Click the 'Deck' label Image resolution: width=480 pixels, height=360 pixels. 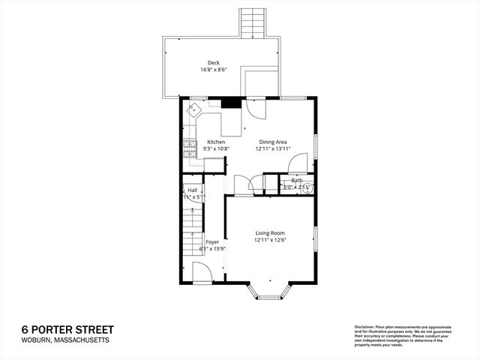[x=214, y=63]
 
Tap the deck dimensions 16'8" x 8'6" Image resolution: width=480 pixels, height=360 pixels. [x=214, y=70]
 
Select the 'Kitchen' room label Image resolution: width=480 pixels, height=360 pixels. [x=216, y=142]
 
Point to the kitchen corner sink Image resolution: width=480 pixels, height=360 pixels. [x=194, y=110]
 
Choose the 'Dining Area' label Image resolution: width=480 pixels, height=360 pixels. [x=273, y=142]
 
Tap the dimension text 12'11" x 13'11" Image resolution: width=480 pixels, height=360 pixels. [x=273, y=148]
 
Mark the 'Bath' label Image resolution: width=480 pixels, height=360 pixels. [x=297, y=180]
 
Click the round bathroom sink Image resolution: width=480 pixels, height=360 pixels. [x=307, y=188]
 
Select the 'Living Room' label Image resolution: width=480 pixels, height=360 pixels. [x=269, y=232]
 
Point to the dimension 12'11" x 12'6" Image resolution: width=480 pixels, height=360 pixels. [x=269, y=239]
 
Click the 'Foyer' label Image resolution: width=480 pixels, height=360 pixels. [x=212, y=241]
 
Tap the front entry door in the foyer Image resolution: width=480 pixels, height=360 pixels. [x=201, y=273]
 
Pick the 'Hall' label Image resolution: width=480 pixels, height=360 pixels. [x=192, y=190]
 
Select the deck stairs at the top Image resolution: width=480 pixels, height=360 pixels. [x=252, y=23]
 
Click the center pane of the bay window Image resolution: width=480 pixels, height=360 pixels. [x=269, y=298]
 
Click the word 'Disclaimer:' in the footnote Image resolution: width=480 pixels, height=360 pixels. [x=365, y=328]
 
